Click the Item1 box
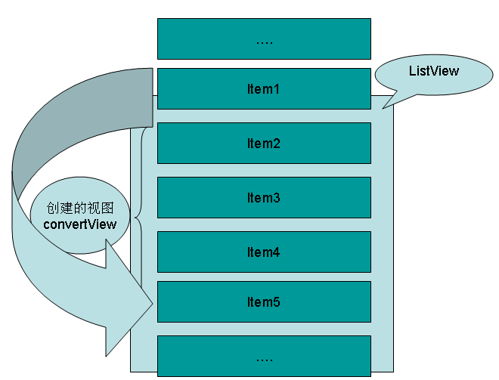tap(264, 89)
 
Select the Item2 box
tap(264, 143)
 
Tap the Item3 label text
tap(264, 198)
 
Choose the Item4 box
tap(264, 252)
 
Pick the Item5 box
tap(264, 302)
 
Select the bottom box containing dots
tap(264, 355)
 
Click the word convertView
tap(80, 224)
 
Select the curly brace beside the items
tap(138, 219)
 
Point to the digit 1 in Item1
tap(277, 89)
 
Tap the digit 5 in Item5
tap(277, 302)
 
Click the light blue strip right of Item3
tap(382, 198)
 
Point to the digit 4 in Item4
tap(277, 252)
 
